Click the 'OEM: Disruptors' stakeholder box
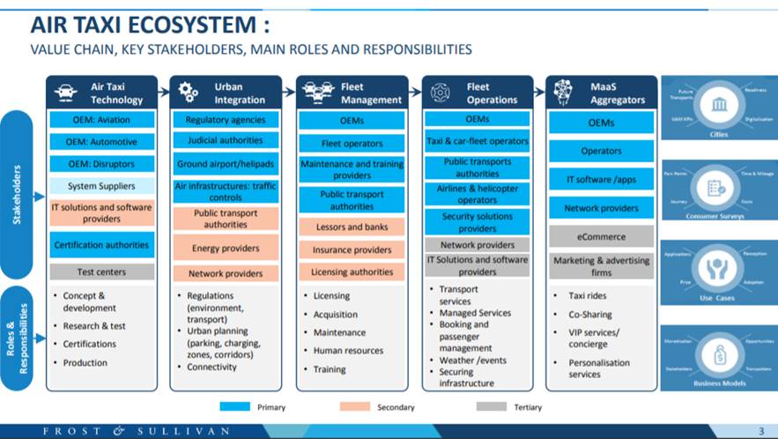tap(101, 163)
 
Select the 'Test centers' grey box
tap(101, 272)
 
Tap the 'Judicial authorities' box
tap(226, 141)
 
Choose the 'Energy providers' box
tap(226, 249)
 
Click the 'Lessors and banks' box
tap(352, 227)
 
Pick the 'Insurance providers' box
tap(352, 250)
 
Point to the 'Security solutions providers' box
tap(478, 222)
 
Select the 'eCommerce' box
tap(602, 236)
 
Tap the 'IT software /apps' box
tap(602, 180)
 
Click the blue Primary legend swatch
tap(234, 407)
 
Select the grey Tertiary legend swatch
tap(492, 407)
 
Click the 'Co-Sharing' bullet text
tap(589, 315)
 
